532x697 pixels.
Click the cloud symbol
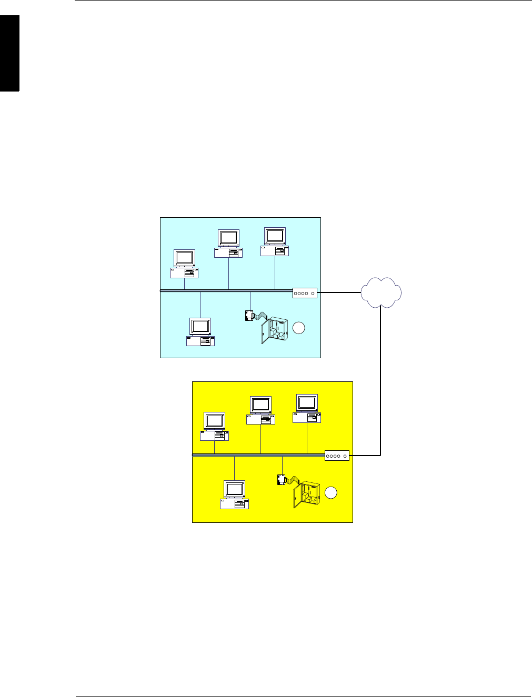point(382,292)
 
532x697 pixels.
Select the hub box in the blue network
point(305,293)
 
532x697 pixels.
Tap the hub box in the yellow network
point(337,456)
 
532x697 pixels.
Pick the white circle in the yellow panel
point(330,493)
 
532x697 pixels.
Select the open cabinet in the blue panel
point(274,330)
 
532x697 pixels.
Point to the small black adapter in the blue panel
point(249,316)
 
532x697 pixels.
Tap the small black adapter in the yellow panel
point(282,480)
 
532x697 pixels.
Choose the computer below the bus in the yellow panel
point(234,495)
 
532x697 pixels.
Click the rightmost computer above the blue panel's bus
point(275,242)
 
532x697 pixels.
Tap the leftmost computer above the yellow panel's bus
point(214,427)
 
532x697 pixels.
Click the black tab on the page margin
point(9,53)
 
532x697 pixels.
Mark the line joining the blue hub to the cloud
point(339,292)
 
